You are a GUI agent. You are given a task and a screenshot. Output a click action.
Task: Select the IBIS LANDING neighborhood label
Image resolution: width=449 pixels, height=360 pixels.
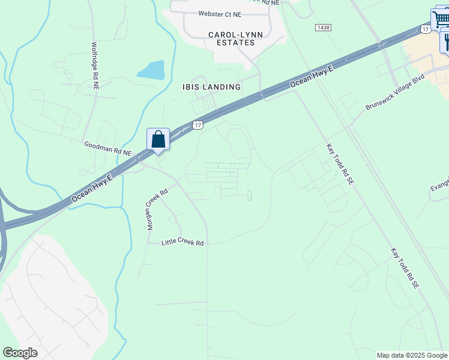click(211, 87)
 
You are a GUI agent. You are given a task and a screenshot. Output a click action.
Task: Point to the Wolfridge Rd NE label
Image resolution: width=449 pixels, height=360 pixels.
click(95, 65)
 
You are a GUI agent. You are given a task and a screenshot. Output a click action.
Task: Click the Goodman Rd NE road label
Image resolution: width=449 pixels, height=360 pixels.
click(107, 148)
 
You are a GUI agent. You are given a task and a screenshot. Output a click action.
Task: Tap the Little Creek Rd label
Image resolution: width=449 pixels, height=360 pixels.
click(183, 243)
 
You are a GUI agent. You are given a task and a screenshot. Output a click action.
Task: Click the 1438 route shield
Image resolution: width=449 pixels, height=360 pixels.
click(322, 28)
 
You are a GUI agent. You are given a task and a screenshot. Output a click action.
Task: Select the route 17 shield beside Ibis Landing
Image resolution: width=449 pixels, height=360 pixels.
click(197, 124)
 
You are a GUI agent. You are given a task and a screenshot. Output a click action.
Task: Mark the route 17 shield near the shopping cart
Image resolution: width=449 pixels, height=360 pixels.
click(425, 29)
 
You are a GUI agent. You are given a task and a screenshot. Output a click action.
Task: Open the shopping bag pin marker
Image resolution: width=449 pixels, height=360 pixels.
click(158, 139)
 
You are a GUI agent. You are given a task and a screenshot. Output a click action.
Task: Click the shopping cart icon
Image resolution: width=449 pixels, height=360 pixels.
click(441, 18)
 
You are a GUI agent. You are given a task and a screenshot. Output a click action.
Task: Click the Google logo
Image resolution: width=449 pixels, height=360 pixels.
click(20, 353)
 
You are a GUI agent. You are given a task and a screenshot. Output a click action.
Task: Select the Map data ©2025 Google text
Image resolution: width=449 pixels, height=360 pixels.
click(412, 355)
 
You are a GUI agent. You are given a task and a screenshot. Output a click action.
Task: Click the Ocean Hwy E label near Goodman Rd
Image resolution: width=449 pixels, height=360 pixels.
click(92, 187)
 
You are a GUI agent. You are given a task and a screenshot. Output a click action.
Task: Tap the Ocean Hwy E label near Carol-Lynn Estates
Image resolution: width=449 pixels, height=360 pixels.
click(311, 76)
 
